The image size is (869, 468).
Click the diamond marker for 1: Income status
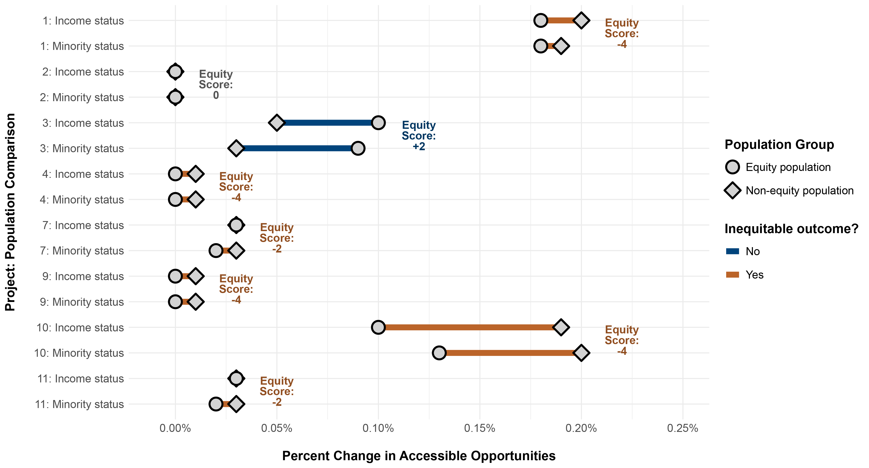(x=581, y=20)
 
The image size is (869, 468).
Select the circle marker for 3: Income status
(x=378, y=123)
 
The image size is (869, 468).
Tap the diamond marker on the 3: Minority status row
(x=236, y=148)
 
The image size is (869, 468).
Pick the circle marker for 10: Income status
(x=378, y=327)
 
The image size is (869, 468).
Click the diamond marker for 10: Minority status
(x=581, y=353)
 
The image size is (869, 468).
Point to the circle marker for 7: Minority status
(x=216, y=251)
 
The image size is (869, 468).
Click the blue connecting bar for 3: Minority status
(x=297, y=148)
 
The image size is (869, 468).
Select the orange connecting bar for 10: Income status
(x=469, y=327)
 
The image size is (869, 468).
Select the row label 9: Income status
(x=83, y=276)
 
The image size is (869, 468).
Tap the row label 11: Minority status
(x=79, y=404)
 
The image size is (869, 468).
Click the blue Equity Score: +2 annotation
(x=419, y=136)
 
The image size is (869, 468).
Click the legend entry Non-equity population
(x=799, y=191)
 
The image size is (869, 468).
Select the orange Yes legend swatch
(x=732, y=275)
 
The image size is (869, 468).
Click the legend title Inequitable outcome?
(x=791, y=229)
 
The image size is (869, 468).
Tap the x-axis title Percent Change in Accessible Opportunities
(x=419, y=456)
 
